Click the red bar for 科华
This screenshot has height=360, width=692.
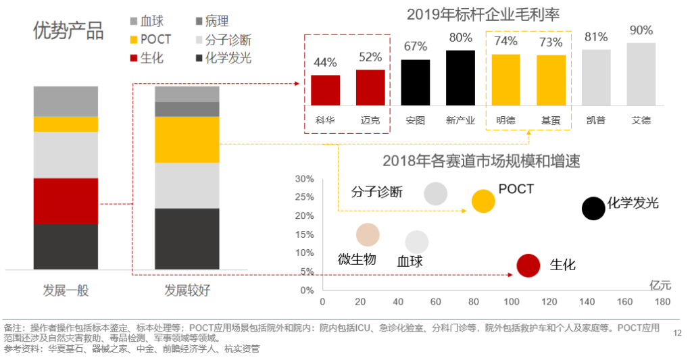click(x=325, y=90)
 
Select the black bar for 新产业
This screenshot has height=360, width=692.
click(x=460, y=78)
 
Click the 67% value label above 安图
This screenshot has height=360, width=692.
click(x=416, y=46)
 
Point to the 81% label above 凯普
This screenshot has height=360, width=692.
click(x=595, y=36)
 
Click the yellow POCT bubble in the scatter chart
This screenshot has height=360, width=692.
click(x=483, y=200)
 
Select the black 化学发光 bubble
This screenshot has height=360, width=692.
click(x=593, y=209)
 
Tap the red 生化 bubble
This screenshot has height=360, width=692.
click(x=528, y=265)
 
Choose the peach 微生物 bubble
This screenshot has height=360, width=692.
click(x=368, y=235)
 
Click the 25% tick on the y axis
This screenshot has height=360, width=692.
click(x=305, y=197)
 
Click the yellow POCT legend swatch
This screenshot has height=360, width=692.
click(x=133, y=39)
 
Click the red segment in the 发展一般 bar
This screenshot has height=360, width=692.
click(x=66, y=201)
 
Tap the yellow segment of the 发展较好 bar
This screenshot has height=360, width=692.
click(x=187, y=140)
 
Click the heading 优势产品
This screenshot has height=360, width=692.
click(x=68, y=30)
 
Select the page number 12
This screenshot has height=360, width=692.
click(x=678, y=332)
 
